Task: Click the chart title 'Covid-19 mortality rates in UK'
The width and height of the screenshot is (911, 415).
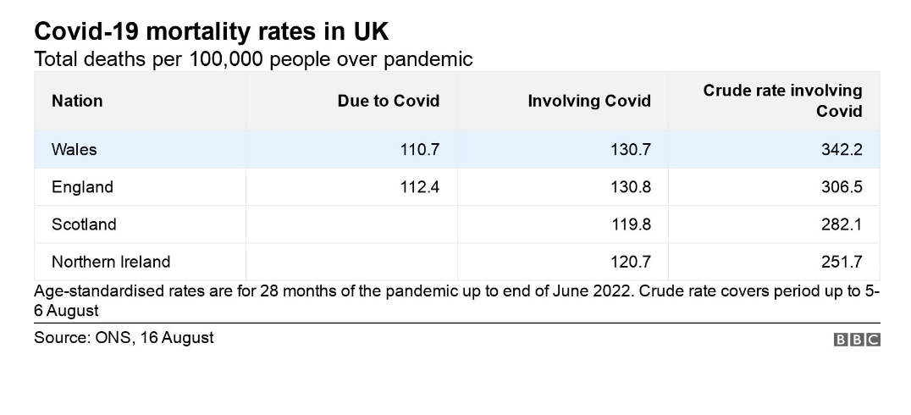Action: click(212, 31)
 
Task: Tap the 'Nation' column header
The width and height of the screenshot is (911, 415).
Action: click(77, 101)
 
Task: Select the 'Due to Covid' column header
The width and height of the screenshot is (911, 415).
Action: click(388, 101)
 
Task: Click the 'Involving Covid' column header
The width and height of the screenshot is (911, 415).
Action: click(589, 101)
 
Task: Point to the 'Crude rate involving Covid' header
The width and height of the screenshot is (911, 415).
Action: click(782, 101)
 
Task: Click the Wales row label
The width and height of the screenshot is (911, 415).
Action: click(75, 150)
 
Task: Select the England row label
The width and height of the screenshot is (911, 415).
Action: click(82, 187)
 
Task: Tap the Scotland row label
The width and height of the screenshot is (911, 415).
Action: click(84, 224)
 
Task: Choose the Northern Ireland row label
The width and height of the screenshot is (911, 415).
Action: click(111, 262)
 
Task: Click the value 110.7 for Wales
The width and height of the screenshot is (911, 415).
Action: click(419, 150)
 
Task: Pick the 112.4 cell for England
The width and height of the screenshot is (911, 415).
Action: click(419, 187)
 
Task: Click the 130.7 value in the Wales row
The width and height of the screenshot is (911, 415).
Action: click(631, 150)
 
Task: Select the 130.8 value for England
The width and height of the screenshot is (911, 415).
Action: click(631, 187)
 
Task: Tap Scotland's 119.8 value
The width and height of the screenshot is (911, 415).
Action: click(631, 224)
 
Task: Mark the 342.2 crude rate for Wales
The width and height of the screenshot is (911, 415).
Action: click(842, 150)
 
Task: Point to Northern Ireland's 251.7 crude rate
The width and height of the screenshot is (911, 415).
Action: click(842, 262)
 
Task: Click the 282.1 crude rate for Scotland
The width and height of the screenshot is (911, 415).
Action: click(842, 224)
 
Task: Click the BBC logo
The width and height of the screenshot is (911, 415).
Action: click(857, 340)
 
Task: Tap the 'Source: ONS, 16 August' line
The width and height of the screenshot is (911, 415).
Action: click(124, 338)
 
